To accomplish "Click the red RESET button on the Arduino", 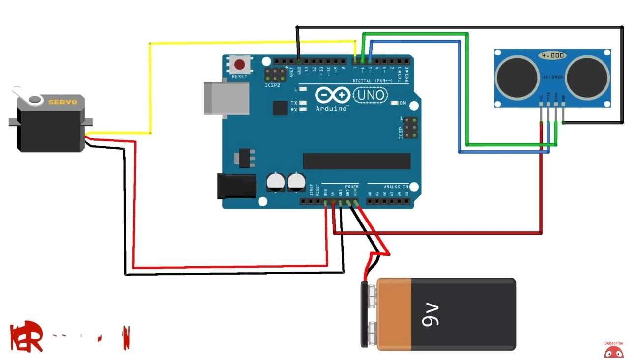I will pos(240,65).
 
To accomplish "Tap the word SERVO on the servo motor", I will pos(62,102).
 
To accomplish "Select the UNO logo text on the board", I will pos(370,95).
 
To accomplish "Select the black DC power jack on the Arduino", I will pos(236,186).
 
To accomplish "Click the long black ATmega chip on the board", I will pos(356,161).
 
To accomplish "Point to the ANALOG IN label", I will pos(396,187).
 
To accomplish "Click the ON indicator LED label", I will pos(403,103).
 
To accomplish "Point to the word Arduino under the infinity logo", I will pos(332,108).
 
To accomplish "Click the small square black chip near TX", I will pos(280,108).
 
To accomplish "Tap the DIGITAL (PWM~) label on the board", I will pos(372,80).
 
